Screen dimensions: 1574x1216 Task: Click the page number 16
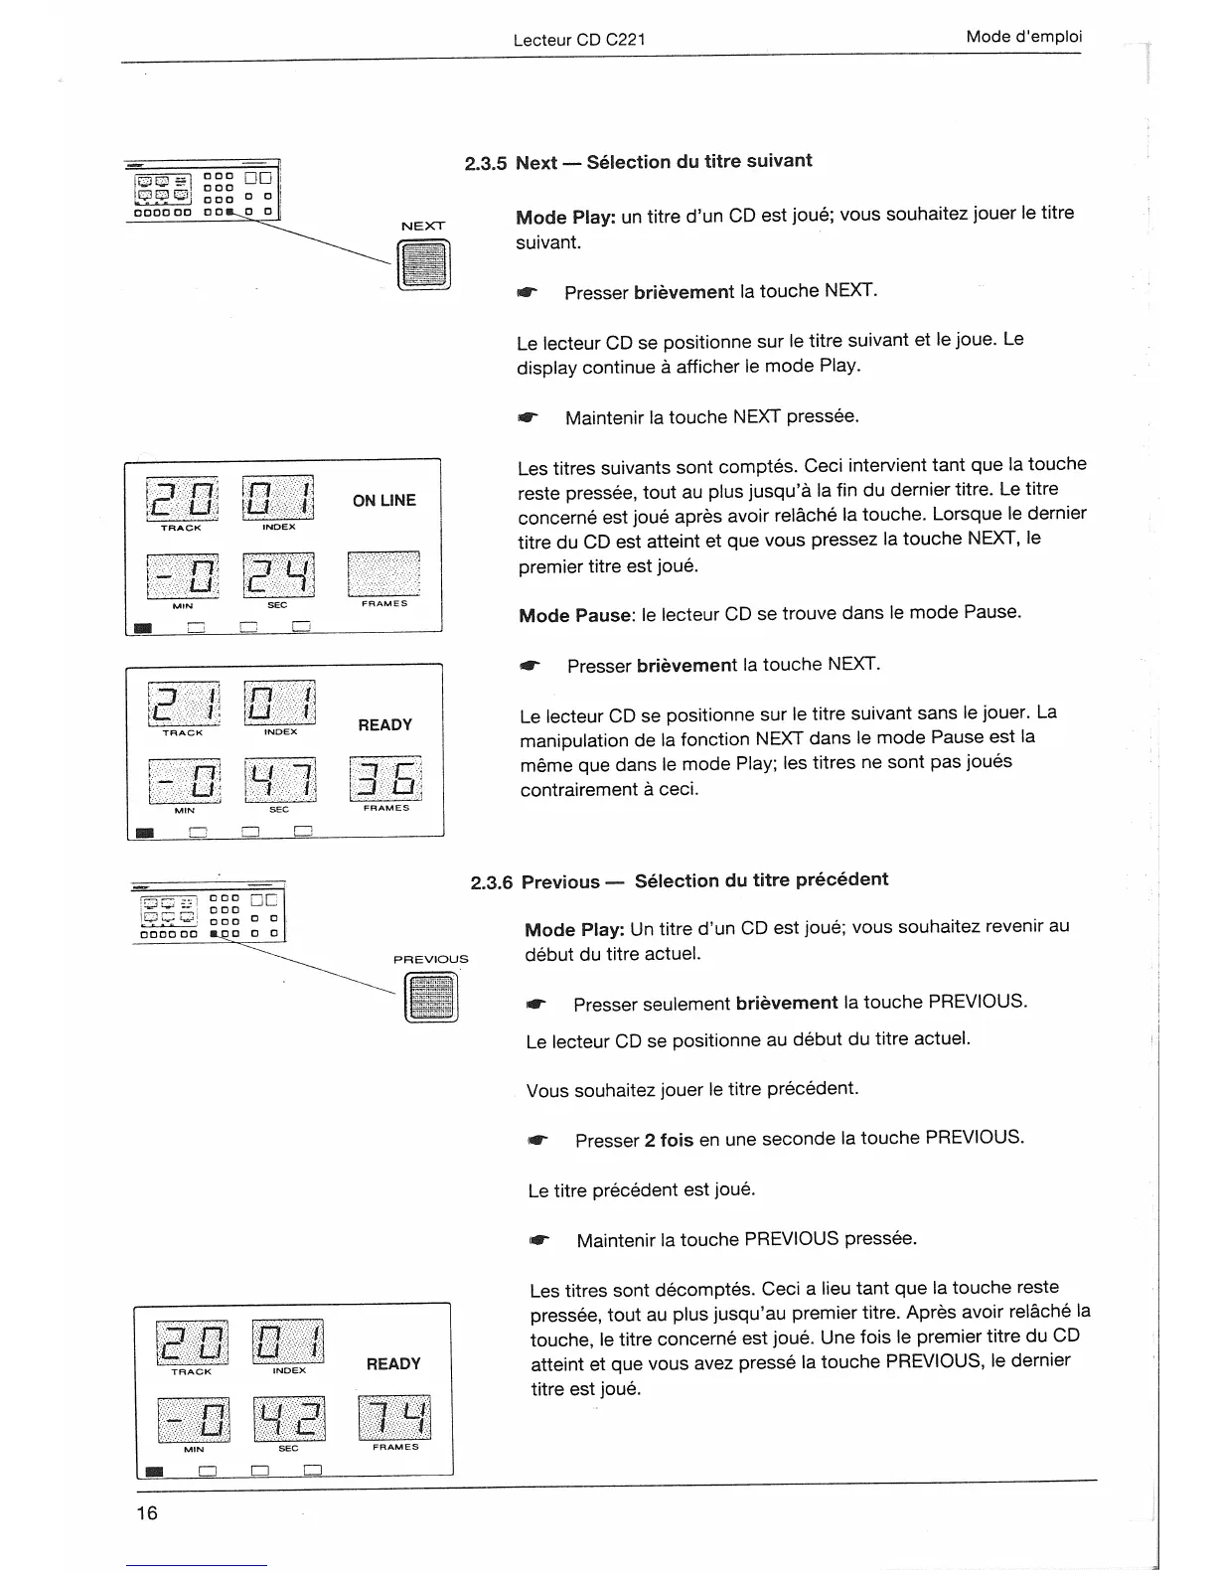click(147, 1512)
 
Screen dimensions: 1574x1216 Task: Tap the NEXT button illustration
click(424, 266)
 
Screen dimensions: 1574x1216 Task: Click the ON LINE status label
click(384, 500)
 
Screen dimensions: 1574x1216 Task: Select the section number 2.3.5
click(486, 164)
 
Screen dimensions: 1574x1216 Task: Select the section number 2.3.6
click(491, 882)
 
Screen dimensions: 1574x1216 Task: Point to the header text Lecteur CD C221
click(579, 40)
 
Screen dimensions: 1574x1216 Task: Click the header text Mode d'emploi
click(1023, 37)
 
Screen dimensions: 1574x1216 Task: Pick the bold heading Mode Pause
click(575, 615)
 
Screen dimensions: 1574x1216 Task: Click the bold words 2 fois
click(669, 1140)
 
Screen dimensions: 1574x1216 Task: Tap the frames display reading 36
click(385, 778)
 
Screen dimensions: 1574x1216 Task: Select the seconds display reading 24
click(279, 575)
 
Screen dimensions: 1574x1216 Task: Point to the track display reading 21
click(182, 702)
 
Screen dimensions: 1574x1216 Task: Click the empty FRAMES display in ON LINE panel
click(383, 573)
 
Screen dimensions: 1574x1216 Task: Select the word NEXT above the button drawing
click(423, 226)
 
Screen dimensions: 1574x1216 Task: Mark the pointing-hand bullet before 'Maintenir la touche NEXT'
click(527, 418)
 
